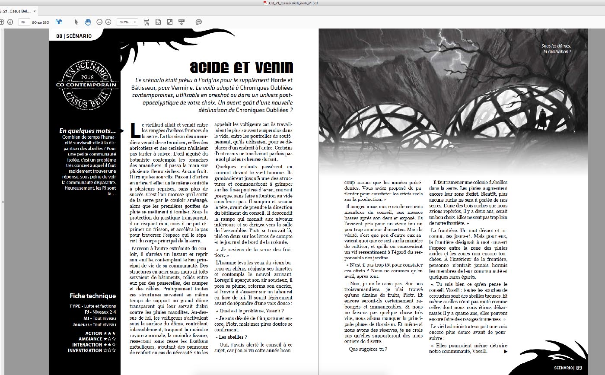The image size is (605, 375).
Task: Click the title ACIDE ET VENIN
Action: click(242, 67)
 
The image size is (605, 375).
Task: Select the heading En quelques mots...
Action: click(88, 131)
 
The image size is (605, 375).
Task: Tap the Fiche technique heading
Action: click(92, 296)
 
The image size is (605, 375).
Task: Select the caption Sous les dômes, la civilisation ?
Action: click(557, 49)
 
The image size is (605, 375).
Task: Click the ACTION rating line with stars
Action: click(100, 334)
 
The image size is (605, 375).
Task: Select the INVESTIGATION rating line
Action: click(92, 350)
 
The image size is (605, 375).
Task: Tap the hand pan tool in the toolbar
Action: click(87, 22)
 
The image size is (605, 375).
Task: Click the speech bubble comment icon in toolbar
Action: click(199, 22)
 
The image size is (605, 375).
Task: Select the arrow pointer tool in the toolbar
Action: click(76, 22)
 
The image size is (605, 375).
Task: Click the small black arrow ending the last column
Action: click(506, 351)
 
